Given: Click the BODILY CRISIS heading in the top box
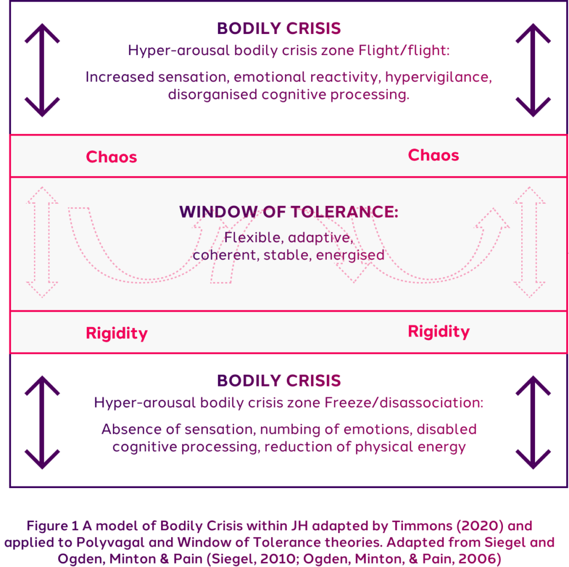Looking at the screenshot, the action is [x=279, y=28].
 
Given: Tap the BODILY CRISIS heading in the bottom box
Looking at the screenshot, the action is [x=279, y=380].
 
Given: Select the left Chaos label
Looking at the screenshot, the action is [x=111, y=157].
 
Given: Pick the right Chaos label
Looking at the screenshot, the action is [x=433, y=155].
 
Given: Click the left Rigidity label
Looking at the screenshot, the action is [x=117, y=333].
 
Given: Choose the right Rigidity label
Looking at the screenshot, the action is [x=439, y=331].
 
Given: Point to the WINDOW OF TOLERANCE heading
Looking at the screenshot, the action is [x=289, y=212].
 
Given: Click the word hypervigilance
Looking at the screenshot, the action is [x=438, y=77].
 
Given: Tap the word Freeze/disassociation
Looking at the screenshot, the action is [x=404, y=403].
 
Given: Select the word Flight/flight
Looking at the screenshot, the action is [x=404, y=51].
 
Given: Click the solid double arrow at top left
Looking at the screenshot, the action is [x=42, y=70].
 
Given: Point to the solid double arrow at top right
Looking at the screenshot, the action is [x=533, y=70].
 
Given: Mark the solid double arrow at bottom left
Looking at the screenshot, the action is [x=42, y=422].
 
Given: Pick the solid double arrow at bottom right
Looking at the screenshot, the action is [x=533, y=422].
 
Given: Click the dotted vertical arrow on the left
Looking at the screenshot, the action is [x=42, y=242].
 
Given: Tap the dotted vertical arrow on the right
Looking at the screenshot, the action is [x=530, y=242].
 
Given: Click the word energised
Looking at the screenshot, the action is [x=350, y=255].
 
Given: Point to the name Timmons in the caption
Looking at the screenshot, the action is [x=422, y=526].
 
